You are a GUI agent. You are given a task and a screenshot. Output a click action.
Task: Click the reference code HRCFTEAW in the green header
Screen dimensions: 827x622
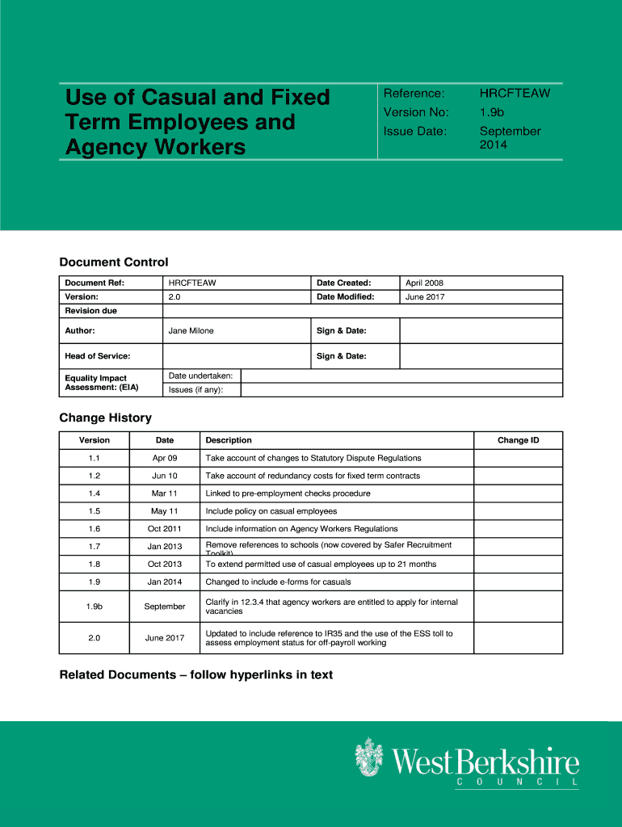[x=515, y=93]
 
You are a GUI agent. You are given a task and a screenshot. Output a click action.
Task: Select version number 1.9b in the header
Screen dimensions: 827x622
[x=491, y=112]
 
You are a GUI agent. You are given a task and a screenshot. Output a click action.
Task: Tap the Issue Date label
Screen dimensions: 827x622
[x=415, y=131]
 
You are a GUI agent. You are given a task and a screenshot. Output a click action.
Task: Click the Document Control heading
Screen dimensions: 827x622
[x=114, y=262]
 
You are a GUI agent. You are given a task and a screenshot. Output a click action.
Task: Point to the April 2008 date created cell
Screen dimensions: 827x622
[x=424, y=283]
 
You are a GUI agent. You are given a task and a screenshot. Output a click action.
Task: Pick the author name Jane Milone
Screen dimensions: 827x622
[x=191, y=330]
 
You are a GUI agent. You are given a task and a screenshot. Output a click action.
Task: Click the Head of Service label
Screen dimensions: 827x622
[x=98, y=356]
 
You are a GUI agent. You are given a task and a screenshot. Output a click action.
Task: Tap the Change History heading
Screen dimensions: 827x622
[x=105, y=418]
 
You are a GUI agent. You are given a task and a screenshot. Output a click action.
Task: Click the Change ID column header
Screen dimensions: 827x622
[x=518, y=440]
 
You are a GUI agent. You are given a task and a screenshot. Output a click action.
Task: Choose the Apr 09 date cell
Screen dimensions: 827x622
[x=165, y=458]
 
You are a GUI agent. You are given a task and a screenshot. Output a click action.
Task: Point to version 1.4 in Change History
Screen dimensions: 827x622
[x=95, y=493]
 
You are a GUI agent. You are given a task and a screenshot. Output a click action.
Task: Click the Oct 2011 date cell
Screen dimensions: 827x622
[x=165, y=529]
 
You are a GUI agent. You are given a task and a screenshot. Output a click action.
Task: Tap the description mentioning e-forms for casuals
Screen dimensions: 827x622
[x=278, y=581]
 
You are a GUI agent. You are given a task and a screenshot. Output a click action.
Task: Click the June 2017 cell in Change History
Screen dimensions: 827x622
[x=165, y=638]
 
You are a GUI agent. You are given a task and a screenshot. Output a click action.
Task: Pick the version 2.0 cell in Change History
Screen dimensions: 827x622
[x=95, y=638]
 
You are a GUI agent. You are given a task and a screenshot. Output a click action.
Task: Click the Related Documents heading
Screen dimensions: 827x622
[x=196, y=674]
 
